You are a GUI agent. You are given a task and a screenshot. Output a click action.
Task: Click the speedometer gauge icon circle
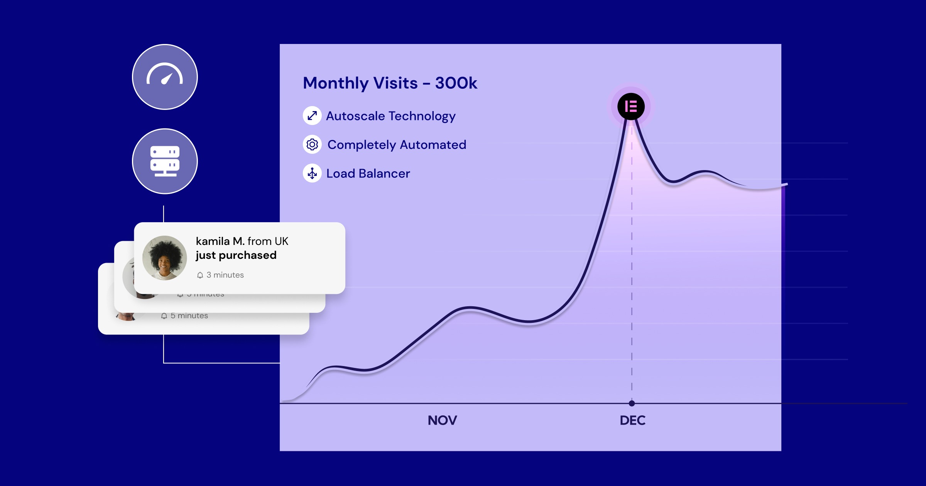point(165,77)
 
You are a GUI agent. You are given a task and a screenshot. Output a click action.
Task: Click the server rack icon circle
point(165,161)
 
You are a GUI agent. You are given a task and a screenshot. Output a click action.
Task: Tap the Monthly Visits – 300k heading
point(390,83)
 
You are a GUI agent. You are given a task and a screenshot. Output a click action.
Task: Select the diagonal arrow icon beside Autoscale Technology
point(312,115)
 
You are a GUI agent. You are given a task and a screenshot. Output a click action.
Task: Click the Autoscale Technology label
point(390,116)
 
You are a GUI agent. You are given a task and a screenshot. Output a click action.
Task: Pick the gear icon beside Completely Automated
point(312,145)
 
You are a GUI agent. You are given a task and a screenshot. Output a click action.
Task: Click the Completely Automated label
point(397,145)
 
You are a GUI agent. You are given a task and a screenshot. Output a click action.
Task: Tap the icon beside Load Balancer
point(312,174)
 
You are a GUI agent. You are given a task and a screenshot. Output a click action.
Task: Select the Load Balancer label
point(368,174)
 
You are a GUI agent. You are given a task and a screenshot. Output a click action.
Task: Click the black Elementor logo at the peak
point(631,106)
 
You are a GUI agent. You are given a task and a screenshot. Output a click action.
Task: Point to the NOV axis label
point(442,420)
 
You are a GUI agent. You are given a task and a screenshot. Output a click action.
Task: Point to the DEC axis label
point(632,420)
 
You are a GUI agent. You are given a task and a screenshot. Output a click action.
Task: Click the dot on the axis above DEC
point(632,403)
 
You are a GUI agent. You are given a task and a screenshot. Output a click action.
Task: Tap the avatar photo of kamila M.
point(164,258)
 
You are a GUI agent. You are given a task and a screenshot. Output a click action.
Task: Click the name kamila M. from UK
point(242,241)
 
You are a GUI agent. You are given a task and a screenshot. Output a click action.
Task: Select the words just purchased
point(236,255)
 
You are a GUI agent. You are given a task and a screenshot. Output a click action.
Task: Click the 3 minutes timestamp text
point(225,275)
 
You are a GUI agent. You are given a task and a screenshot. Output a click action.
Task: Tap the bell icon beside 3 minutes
point(200,275)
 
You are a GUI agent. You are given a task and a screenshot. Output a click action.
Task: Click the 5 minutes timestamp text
point(189,316)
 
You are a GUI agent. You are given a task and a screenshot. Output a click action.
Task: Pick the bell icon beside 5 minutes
point(164,316)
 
